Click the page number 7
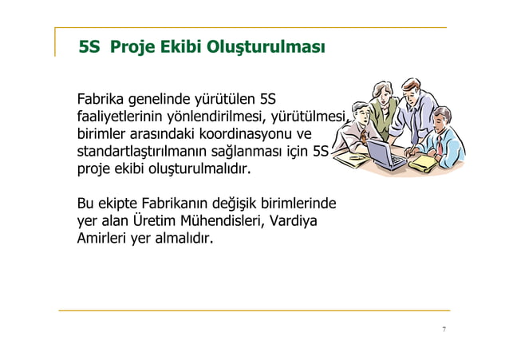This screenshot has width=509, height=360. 444,329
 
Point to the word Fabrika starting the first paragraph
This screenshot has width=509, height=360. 101,100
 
